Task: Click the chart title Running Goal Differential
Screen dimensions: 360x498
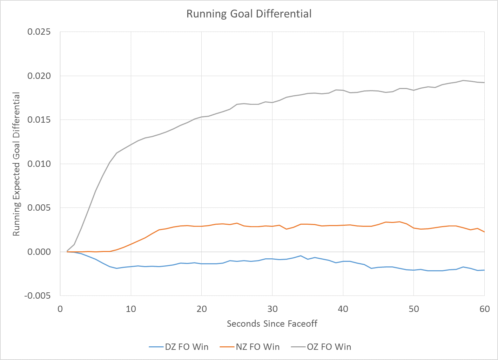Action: [249, 14]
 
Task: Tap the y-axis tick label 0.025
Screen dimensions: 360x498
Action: [39, 32]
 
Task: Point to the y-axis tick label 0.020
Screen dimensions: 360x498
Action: [39, 76]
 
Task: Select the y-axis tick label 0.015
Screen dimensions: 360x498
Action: [39, 120]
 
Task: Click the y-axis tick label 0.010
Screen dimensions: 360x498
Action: [39, 164]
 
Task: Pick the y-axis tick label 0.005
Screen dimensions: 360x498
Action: [39, 208]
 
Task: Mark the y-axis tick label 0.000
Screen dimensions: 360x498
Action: [39, 252]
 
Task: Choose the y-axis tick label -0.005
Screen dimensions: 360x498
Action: [37, 296]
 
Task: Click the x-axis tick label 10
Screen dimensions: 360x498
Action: [131, 309]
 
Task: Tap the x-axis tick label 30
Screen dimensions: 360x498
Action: [272, 309]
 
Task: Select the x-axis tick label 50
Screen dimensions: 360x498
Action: [414, 309]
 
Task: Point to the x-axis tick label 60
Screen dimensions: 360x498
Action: [485, 309]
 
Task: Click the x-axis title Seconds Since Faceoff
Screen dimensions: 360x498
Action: [272, 324]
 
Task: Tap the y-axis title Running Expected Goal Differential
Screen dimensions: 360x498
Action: [16, 164]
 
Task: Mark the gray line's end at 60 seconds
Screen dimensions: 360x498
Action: [484, 82]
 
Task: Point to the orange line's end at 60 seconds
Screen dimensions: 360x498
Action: [484, 232]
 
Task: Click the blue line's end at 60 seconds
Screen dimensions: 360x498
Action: [484, 270]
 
